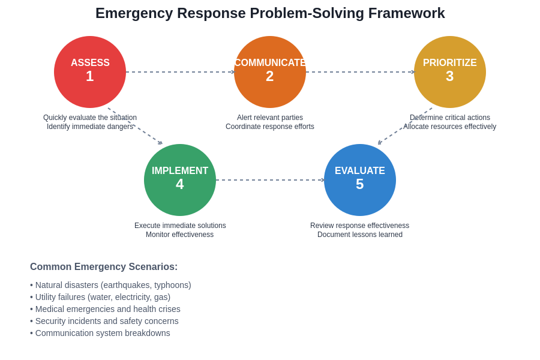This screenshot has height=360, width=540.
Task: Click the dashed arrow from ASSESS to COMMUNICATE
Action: tap(180, 72)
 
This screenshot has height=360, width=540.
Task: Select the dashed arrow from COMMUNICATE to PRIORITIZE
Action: tap(360, 72)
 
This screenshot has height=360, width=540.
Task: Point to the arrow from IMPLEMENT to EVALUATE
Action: tap(270, 180)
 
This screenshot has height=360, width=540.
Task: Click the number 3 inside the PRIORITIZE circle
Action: tap(449, 77)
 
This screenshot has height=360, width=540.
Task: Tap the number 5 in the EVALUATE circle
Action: tap(359, 185)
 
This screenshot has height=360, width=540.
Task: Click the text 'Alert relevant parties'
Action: tap(270, 118)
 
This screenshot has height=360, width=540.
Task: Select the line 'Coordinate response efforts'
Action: tap(270, 127)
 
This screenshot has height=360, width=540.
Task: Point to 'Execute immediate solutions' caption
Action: tap(180, 226)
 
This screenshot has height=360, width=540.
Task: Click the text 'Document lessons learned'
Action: tap(360, 235)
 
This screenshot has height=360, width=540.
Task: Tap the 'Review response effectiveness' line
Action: tap(360, 226)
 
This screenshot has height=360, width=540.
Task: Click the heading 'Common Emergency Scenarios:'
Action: tap(104, 267)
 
